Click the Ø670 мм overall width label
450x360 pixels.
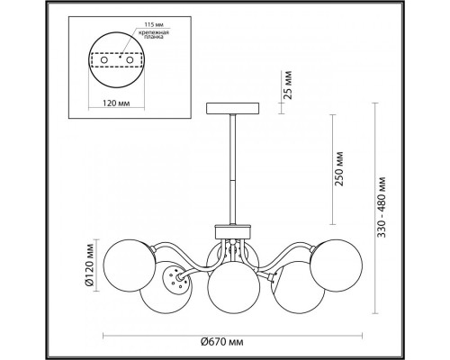221,342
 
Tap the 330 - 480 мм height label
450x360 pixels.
382,207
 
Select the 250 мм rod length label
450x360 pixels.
340,168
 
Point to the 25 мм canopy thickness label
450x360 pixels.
287,85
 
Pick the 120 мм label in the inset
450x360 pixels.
116,103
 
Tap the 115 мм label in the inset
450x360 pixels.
153,24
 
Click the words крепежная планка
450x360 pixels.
154,35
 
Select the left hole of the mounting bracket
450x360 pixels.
104,60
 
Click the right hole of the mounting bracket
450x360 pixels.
130,60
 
